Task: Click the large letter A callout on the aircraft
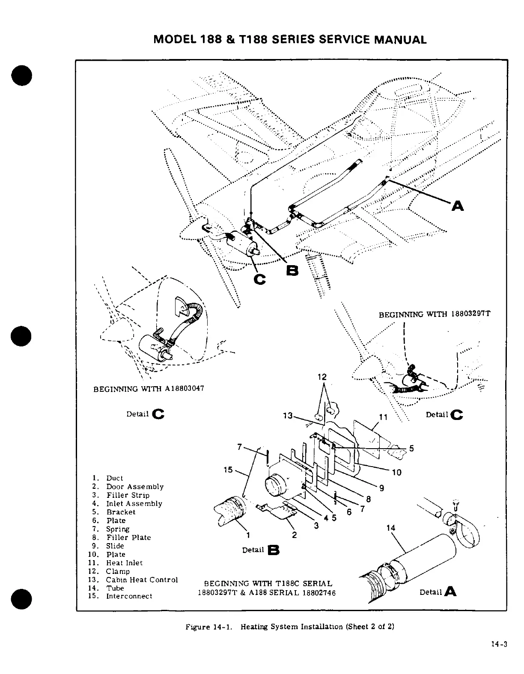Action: pyautogui.click(x=458, y=206)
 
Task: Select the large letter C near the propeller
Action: pyautogui.click(x=260, y=279)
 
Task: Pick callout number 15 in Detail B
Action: pyautogui.click(x=228, y=470)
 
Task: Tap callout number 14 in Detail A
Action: pyautogui.click(x=390, y=528)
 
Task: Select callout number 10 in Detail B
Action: pyautogui.click(x=396, y=472)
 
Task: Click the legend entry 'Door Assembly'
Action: pyautogui.click(x=135, y=487)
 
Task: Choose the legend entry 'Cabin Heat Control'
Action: pyautogui.click(x=142, y=580)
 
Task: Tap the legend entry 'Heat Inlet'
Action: pyautogui.click(x=124, y=563)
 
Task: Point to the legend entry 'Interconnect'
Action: pyautogui.click(x=129, y=596)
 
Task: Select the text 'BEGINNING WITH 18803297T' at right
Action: pyautogui.click(x=435, y=314)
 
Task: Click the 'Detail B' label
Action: pyautogui.click(x=261, y=550)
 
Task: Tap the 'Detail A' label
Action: pyautogui.click(x=437, y=592)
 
